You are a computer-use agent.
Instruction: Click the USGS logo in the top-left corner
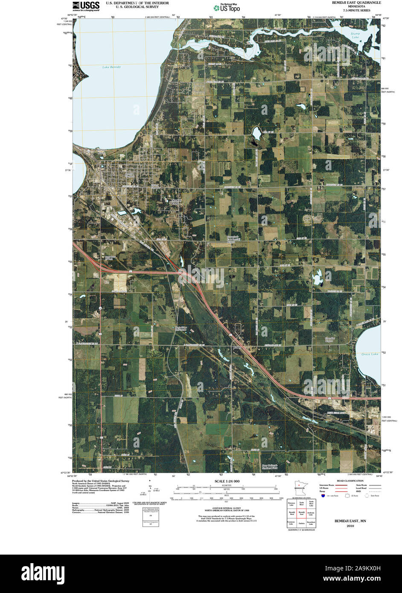86,6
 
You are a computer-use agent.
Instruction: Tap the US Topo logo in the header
227,7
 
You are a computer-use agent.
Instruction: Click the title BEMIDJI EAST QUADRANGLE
357,3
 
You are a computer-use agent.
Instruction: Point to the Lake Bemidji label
112,67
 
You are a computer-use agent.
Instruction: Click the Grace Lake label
370,354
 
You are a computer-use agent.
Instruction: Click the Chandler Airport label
330,340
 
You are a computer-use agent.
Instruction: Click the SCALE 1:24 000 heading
227,481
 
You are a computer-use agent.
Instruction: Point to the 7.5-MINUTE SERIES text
356,10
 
